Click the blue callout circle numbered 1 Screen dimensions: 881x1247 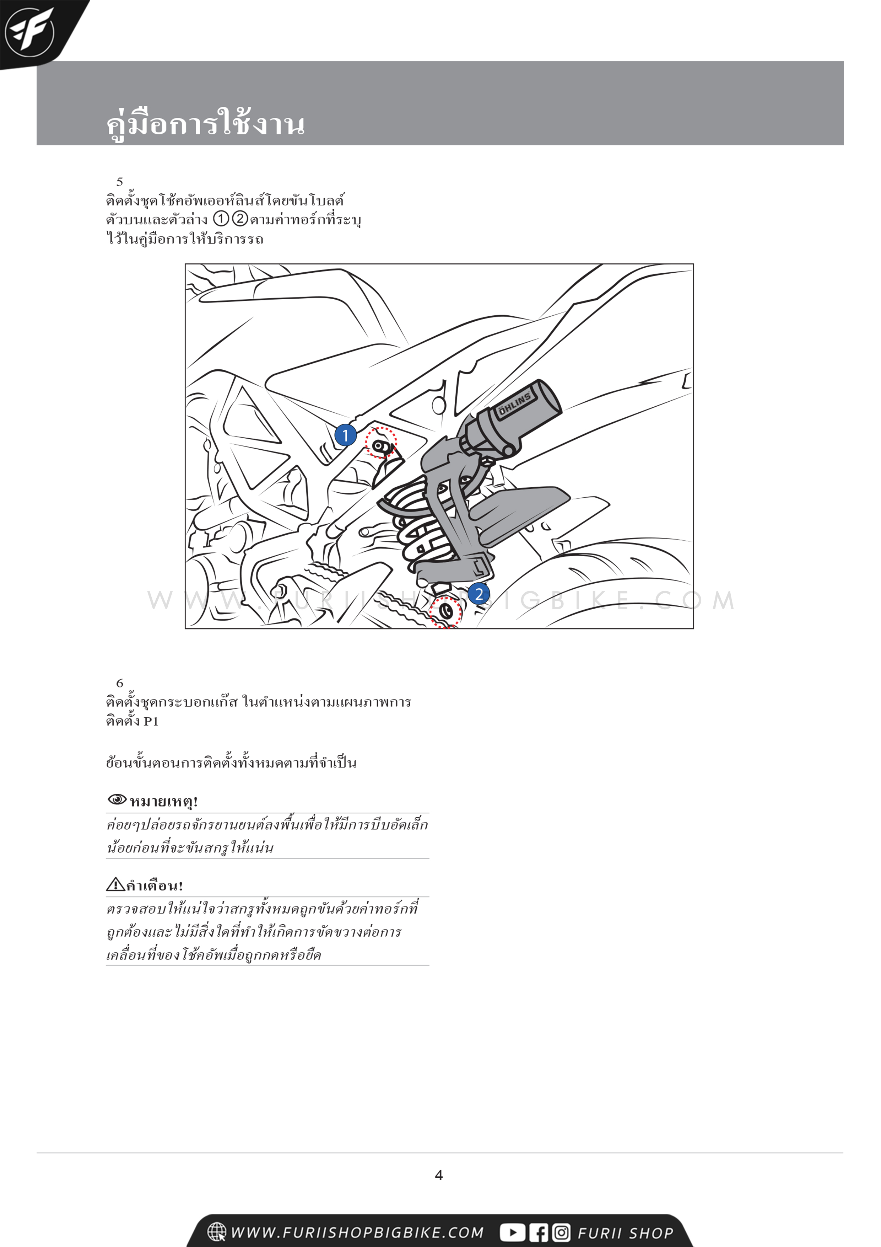coord(345,435)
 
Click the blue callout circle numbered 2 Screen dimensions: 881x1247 coord(479,594)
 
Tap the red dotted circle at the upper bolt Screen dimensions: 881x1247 coord(381,442)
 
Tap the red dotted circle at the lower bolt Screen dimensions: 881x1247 coord(446,612)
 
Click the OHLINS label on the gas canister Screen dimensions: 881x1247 coord(515,404)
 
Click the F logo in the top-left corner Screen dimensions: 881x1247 coord(29,32)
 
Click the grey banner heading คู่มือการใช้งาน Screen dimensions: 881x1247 coord(205,123)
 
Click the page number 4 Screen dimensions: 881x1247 coord(439,1175)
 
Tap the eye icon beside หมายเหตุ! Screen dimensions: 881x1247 coord(117,799)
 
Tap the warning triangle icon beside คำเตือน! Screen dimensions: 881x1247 coord(115,884)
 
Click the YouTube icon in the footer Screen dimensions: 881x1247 coord(512,1232)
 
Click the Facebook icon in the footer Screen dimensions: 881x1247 coord(539,1232)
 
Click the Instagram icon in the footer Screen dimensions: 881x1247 coord(561,1232)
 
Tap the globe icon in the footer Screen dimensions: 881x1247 coord(217,1232)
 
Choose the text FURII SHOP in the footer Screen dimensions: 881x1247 coord(625,1233)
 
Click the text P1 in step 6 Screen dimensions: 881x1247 coord(151,721)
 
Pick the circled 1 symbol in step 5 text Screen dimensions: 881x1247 coord(221,219)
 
